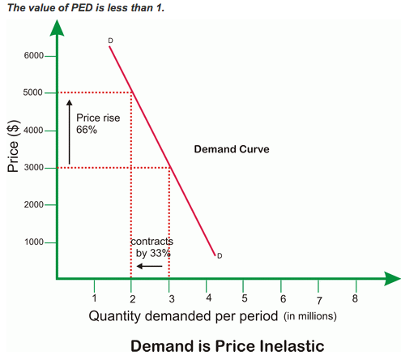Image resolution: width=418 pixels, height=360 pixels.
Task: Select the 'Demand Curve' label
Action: (232, 150)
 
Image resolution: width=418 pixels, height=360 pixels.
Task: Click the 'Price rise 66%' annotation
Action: (97, 123)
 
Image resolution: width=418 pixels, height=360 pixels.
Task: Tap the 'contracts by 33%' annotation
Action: (151, 247)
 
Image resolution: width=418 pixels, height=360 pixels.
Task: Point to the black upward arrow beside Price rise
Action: (70, 130)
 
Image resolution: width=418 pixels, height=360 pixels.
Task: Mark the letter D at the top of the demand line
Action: (109, 41)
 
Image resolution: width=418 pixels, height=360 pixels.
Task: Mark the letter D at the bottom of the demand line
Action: (220, 256)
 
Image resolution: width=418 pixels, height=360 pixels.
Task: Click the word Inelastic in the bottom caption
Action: (284, 346)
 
